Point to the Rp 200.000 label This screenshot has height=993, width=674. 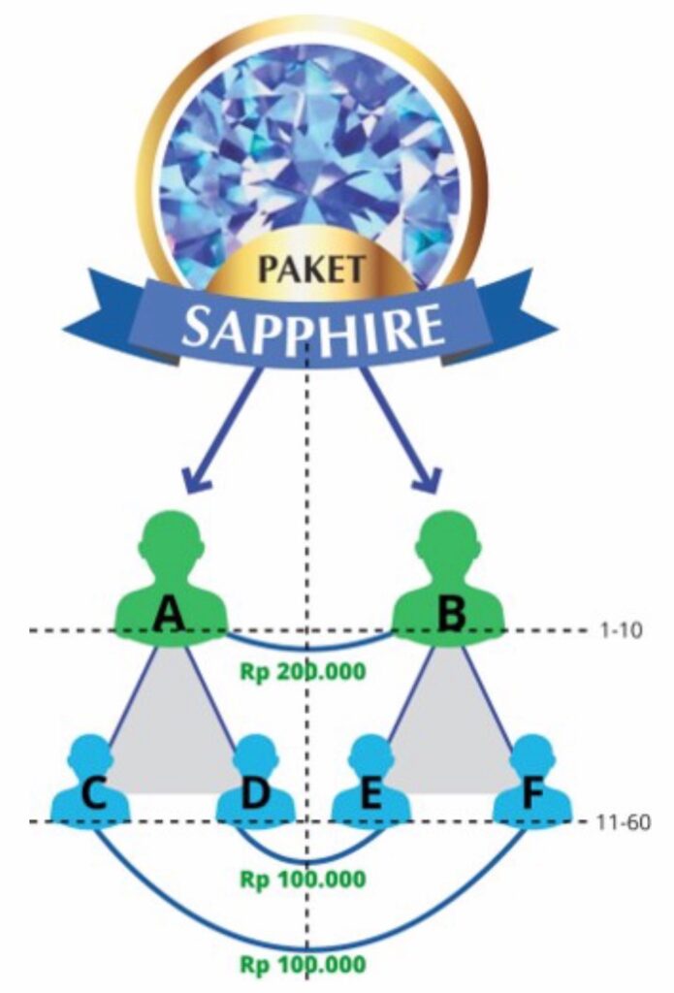[x=303, y=670]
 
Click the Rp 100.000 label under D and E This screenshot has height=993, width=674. [x=303, y=880]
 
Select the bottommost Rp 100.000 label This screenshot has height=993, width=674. [x=303, y=964]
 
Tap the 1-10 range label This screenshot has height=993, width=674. [x=617, y=630]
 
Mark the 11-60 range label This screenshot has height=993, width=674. [x=621, y=822]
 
